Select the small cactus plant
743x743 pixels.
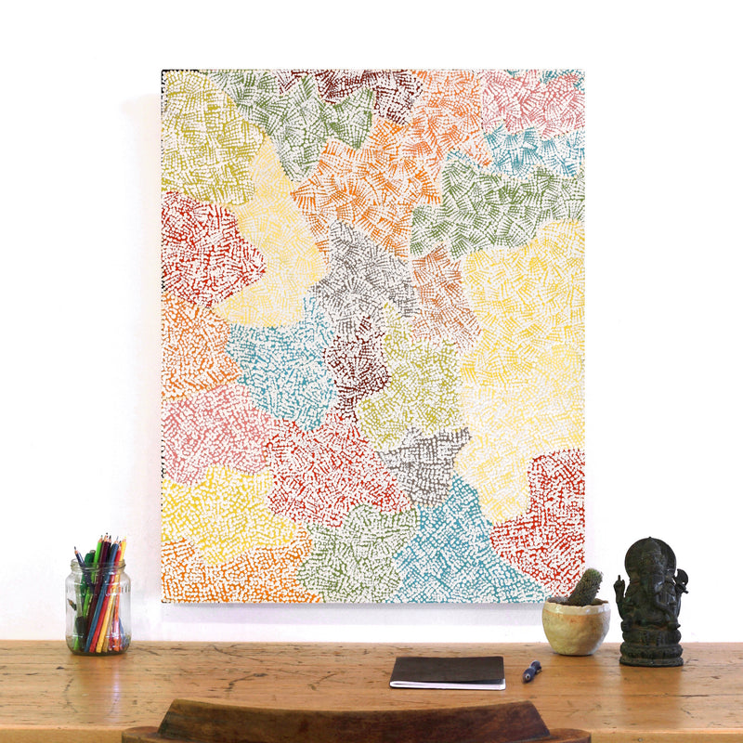coord(584,587)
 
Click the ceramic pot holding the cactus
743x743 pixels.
coord(577,627)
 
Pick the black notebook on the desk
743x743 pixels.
coord(448,671)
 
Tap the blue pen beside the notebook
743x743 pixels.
coord(531,671)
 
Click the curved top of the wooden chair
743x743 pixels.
coord(353,717)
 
